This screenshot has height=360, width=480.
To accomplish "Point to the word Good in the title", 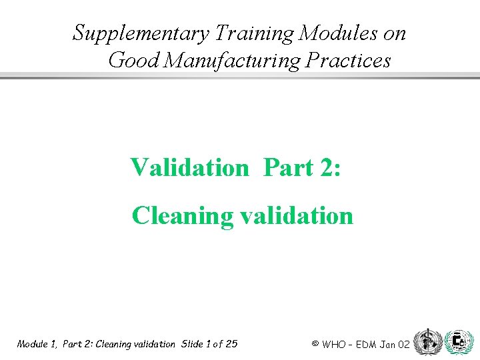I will point(133,61).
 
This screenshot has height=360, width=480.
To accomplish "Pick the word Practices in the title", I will point(347,61).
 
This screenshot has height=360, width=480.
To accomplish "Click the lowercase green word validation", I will point(293,215).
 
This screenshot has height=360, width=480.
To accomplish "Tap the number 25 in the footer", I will point(231,344).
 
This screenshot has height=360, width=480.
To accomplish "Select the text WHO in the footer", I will point(334,345).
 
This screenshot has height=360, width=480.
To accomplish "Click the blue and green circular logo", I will point(458,341).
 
